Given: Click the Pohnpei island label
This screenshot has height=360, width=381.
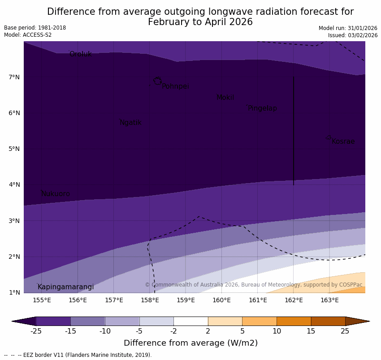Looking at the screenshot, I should [x=175, y=86].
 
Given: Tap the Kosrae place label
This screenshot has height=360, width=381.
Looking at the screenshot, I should [x=343, y=141].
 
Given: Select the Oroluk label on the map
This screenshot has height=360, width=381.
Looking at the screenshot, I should [x=80, y=54].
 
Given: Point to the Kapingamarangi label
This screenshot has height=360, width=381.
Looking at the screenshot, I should [x=65, y=287].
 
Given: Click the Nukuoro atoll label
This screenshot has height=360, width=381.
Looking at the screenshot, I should [x=55, y=194].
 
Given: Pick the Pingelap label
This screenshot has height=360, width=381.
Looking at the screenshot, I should [x=262, y=108].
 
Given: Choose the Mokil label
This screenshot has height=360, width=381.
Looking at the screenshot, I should [x=225, y=98].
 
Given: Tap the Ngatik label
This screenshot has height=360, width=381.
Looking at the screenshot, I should [x=130, y=123].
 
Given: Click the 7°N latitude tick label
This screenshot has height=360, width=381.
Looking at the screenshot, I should [x=14, y=77].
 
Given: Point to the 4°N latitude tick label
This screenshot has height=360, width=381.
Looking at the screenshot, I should [x=14, y=184].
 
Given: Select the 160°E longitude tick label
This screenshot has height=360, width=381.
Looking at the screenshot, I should [x=221, y=300].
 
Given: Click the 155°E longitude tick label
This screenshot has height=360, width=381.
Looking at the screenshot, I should [x=42, y=300].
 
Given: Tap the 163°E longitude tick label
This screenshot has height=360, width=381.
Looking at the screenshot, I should [x=329, y=300].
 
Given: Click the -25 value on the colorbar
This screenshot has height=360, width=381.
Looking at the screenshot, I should [x=36, y=331].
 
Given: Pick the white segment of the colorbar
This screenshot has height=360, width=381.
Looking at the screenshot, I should [x=190, y=321].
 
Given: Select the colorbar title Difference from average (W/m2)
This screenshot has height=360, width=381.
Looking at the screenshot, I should [x=190, y=343].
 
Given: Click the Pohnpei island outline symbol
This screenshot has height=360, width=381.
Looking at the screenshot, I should [x=157, y=81].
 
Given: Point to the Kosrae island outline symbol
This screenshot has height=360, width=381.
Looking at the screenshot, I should [x=329, y=137].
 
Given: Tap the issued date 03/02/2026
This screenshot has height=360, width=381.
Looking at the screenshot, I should [x=361, y=35].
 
